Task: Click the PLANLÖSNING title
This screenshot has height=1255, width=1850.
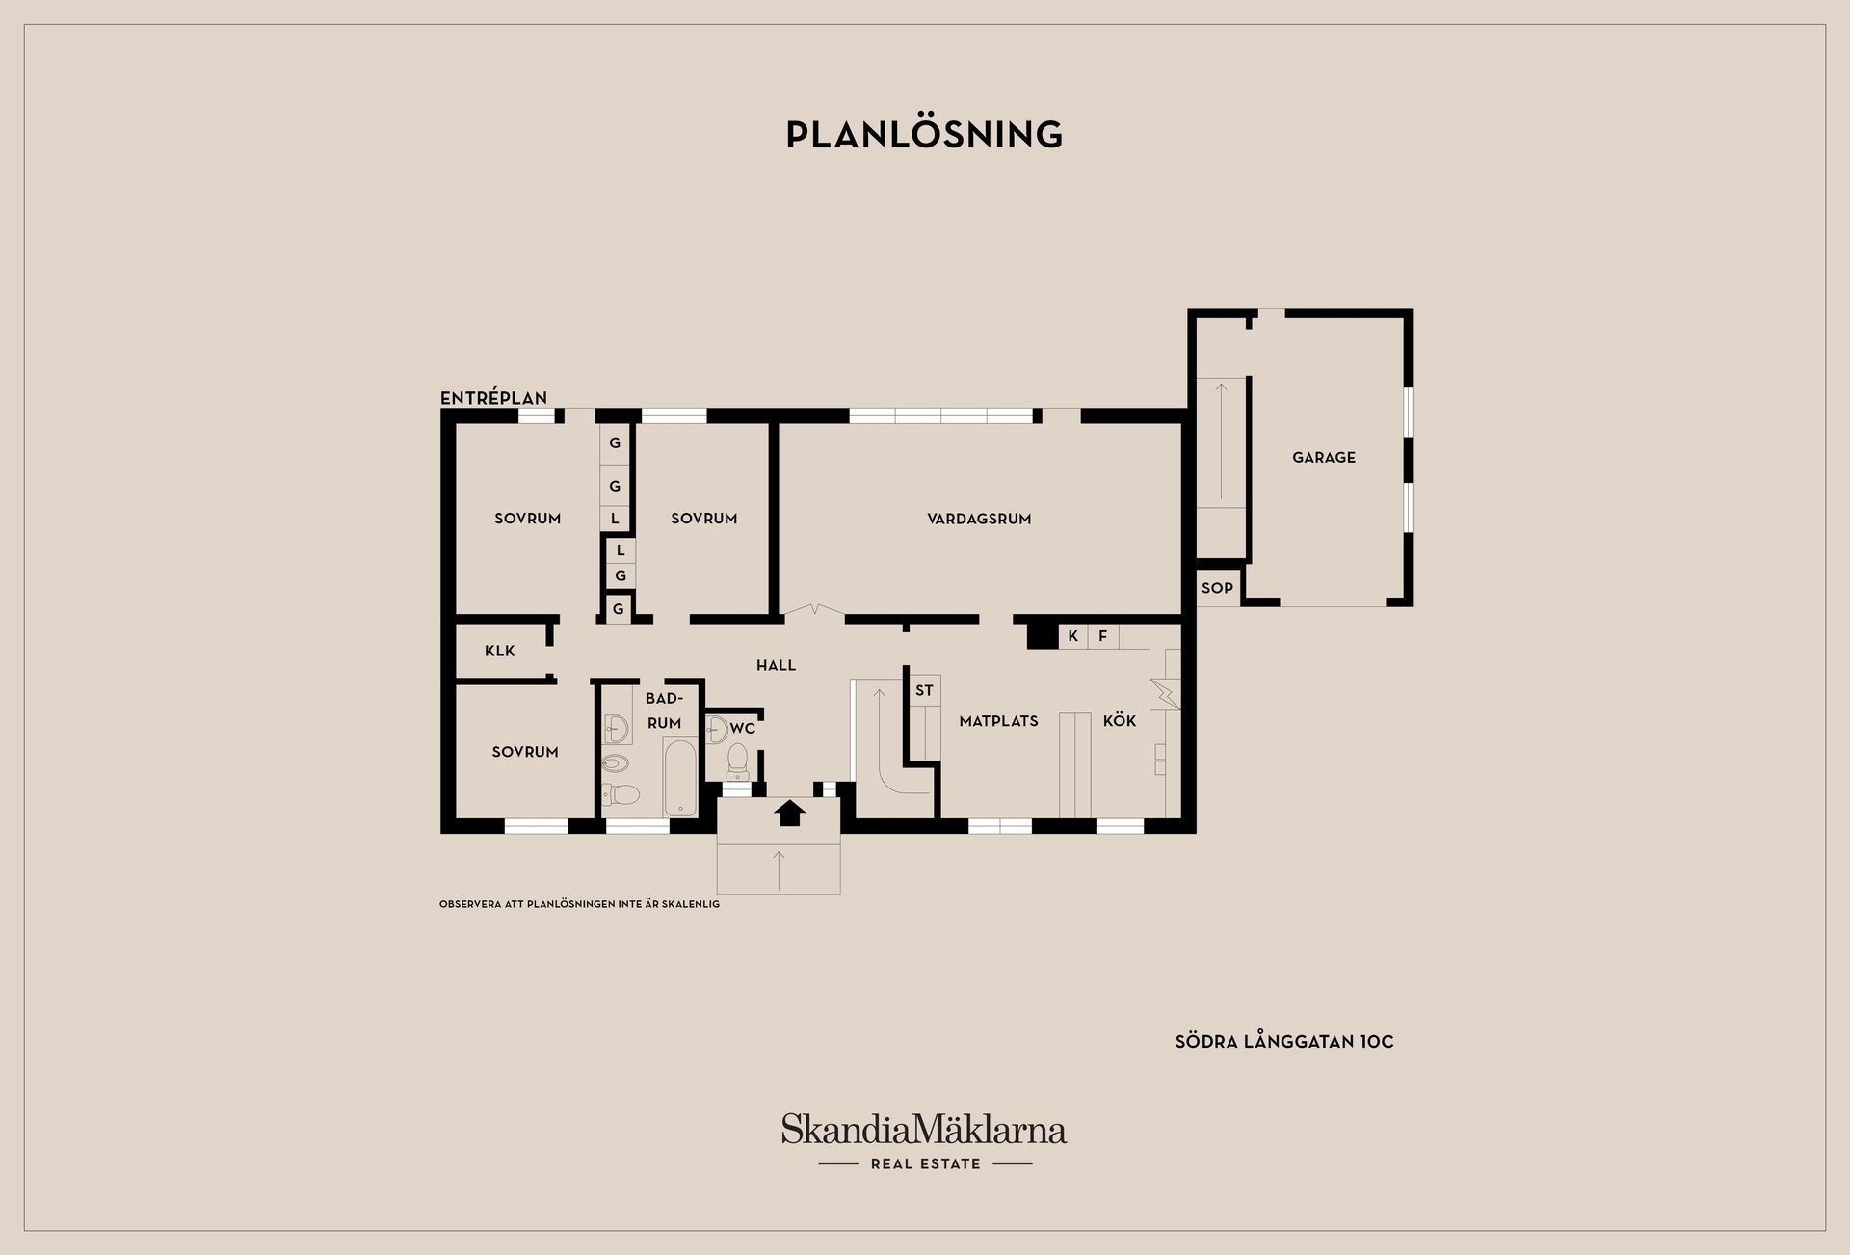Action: point(924,134)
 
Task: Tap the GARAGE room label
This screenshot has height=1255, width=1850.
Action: point(1323,458)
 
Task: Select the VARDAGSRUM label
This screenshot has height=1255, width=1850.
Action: point(979,519)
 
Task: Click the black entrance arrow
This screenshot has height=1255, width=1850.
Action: point(790,813)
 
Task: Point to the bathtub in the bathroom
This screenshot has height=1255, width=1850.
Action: point(680,778)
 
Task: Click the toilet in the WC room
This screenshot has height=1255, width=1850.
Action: point(738,761)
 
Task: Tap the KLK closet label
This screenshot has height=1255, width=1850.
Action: point(500,651)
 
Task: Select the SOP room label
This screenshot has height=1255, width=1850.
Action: point(1217,588)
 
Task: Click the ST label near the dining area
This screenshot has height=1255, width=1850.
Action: point(924,690)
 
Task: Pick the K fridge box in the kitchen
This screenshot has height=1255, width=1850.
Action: point(1072,636)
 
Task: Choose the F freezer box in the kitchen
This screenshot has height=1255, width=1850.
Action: point(1103,636)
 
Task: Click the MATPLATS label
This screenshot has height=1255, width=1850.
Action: point(998,721)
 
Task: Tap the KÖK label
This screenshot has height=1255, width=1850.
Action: point(1120,720)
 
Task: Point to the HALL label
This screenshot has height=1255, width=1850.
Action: point(776,665)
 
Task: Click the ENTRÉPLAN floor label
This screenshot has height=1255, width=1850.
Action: point(493,397)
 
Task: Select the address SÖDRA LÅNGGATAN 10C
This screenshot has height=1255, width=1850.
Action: point(1284,1042)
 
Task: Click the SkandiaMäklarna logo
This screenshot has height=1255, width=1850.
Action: point(924,1141)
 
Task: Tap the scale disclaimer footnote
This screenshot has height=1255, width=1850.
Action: point(579,904)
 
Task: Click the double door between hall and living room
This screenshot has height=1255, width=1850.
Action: point(814,611)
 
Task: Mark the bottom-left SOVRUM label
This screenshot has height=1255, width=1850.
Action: point(525,752)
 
